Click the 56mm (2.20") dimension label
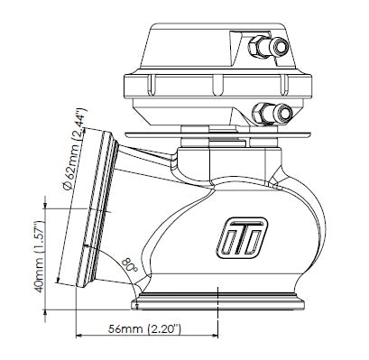click(x=144, y=329)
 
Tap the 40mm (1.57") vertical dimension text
click(x=40, y=256)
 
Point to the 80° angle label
click(x=130, y=265)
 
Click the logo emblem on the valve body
click(x=242, y=237)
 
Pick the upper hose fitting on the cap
click(x=269, y=46)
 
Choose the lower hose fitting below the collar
click(x=272, y=113)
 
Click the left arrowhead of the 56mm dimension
click(x=78, y=336)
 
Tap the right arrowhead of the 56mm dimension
click(x=214, y=336)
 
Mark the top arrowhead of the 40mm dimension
click(x=45, y=205)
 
